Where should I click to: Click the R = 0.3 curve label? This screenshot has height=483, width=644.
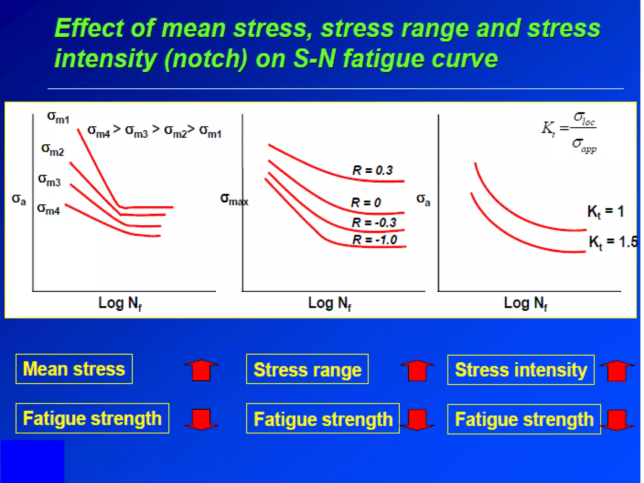pyautogui.click(x=372, y=170)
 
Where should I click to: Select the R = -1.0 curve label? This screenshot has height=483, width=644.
pyautogui.click(x=375, y=240)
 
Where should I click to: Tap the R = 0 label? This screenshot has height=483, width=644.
pyautogui.click(x=366, y=202)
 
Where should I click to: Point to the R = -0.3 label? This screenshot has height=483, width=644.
pyautogui.click(x=374, y=223)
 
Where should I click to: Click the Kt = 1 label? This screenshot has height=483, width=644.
pyautogui.click(x=605, y=212)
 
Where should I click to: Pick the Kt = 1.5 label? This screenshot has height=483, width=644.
pyautogui.click(x=613, y=242)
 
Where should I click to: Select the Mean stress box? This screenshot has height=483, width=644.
pyautogui.click(x=74, y=369)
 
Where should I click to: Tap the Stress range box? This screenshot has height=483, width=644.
pyautogui.click(x=307, y=369)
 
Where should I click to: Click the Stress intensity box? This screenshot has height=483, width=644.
pyautogui.click(x=521, y=370)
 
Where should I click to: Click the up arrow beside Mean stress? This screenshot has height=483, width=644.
pyautogui.click(x=201, y=370)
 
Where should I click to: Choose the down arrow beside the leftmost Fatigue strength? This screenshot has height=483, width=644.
pyautogui.click(x=201, y=419)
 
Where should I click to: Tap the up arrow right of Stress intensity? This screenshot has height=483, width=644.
pyautogui.click(x=617, y=370)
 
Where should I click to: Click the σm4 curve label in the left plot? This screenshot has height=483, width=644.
pyautogui.click(x=48, y=209)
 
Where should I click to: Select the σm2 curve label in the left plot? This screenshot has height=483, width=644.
pyautogui.click(x=53, y=149)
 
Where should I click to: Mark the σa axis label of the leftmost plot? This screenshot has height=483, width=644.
pyautogui.click(x=19, y=199)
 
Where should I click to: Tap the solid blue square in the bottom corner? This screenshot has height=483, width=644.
pyautogui.click(x=32, y=461)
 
